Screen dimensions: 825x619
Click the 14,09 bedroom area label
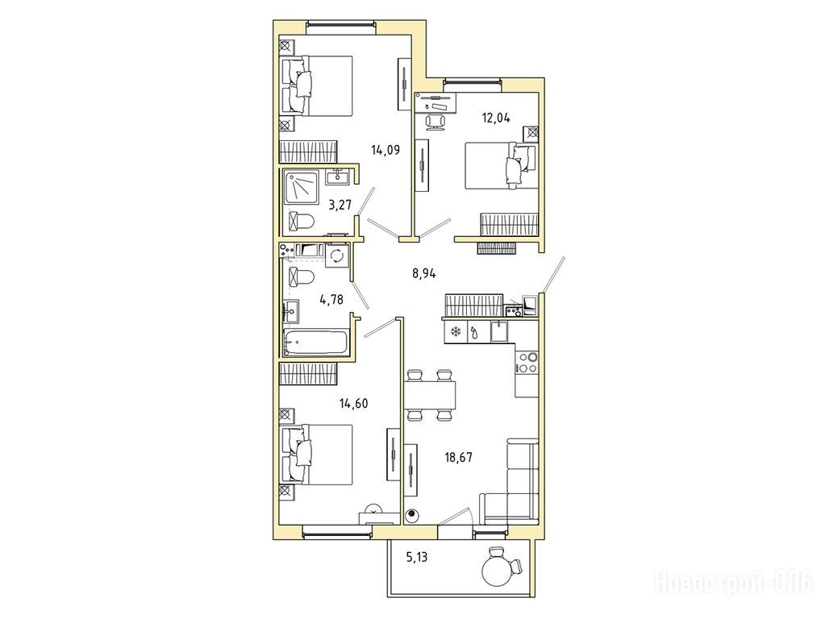click(385, 151)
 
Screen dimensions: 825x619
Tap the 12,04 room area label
click(496, 118)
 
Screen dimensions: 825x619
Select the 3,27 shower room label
click(340, 205)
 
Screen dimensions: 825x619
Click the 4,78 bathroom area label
click(331, 300)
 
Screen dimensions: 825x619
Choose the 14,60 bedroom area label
click(353, 404)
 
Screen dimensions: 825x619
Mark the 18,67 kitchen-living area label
click(458, 457)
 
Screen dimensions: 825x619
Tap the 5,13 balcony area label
click(417, 557)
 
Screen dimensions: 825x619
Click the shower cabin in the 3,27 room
click(301, 187)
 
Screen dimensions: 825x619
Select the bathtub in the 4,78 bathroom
click(315, 343)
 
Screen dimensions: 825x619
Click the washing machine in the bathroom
click(337, 256)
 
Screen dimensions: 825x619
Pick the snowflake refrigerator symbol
click(455, 331)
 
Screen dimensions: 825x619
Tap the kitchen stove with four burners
click(527, 362)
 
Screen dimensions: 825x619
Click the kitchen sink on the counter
click(498, 332)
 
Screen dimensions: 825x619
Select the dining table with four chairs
click(429, 395)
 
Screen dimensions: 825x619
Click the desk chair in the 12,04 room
click(435, 122)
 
